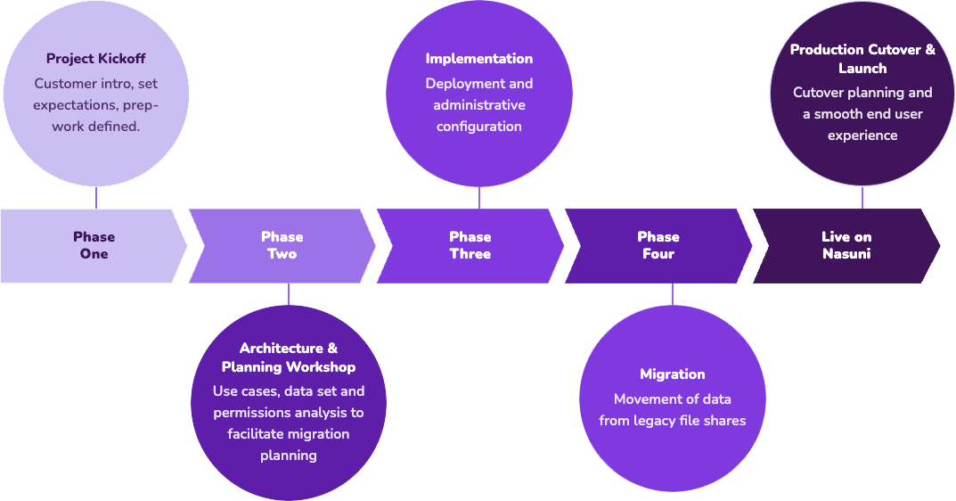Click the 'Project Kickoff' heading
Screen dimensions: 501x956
pos(95,59)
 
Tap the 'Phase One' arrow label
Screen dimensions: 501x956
pos(94,245)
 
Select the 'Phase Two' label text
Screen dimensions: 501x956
pos(282,245)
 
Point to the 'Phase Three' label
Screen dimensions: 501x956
pos(470,245)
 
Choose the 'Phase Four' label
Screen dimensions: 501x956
pos(658,245)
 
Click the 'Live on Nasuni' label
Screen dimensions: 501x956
pos(846,245)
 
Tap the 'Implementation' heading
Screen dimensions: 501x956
pos(478,59)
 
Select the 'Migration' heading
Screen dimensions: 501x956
pos(672,374)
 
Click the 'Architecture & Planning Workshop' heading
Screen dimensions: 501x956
pos(288,357)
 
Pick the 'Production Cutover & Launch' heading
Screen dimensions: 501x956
pos(862,59)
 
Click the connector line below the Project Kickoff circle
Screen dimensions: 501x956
pos(95,198)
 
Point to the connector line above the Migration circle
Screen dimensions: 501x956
pos(672,294)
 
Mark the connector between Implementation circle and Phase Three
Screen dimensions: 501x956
pos(479,198)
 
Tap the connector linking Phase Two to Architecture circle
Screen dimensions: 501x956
pos(288,294)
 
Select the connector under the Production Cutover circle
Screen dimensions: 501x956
pos(862,198)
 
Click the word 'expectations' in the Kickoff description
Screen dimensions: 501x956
pos(74,105)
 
